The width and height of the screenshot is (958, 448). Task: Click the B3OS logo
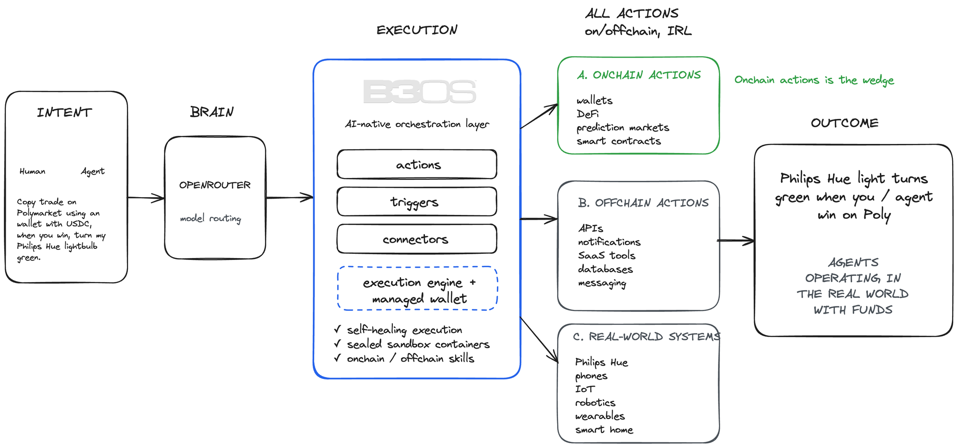[420, 92]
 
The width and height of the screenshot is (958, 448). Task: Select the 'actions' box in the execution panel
[417, 165]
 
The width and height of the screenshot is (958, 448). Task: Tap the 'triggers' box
[417, 202]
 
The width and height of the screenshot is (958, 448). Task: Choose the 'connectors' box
[417, 239]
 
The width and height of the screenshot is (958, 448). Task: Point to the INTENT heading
[64, 113]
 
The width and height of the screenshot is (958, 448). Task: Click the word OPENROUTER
[215, 185]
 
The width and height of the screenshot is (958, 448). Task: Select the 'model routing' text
[210, 219]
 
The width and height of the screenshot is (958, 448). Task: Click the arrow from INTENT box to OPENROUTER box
[146, 198]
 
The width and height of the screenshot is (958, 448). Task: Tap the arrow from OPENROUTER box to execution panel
[289, 197]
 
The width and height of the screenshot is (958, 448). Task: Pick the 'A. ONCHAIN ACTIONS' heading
[639, 75]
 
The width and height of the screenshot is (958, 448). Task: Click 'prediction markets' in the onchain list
[622, 128]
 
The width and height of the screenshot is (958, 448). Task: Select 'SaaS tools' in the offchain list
[606, 255]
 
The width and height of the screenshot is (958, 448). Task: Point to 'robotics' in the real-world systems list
[595, 403]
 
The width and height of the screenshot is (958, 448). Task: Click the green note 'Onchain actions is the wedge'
[814, 80]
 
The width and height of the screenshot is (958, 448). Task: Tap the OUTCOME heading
[844, 123]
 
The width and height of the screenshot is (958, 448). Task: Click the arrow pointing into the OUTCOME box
[736, 241]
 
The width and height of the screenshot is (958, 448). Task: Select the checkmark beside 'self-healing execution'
[338, 330]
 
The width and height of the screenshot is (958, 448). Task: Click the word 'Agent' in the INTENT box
[92, 171]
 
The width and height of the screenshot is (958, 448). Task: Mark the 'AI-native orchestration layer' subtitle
[417, 124]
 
